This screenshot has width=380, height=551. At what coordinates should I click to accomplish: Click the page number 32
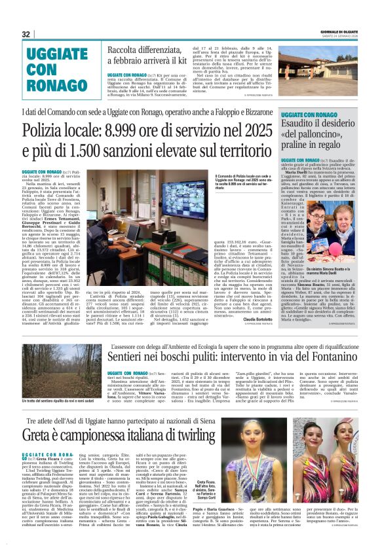(x=26, y=34)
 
